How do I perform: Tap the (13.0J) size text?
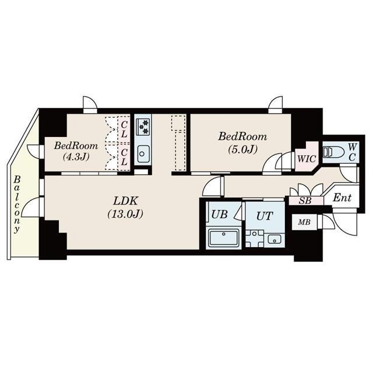point(125,213)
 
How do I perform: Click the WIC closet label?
point(305,158)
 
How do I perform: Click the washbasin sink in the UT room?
point(273,239)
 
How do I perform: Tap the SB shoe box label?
point(305,200)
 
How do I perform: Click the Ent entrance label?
point(342,198)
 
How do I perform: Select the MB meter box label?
point(304,222)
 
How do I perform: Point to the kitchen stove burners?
point(143,125)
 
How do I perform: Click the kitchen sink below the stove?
point(143,154)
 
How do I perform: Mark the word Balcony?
point(18,204)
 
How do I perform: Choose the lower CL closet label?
point(123,155)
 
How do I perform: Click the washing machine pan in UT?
point(255,239)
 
